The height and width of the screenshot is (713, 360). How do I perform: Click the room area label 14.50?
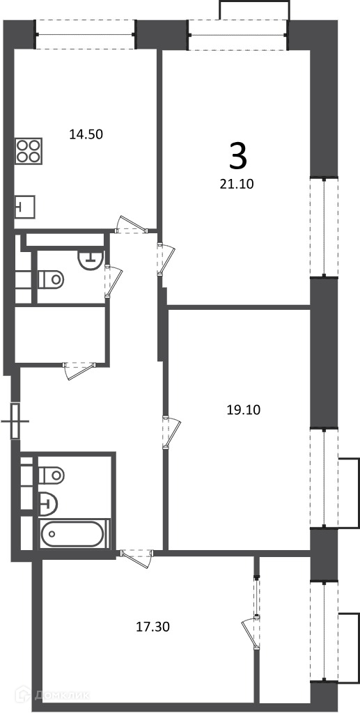[x=86, y=134]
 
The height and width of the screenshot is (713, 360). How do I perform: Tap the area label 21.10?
[x=236, y=184]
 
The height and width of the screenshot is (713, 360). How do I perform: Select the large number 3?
[x=238, y=155]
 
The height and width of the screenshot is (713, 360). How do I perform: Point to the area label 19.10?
[x=244, y=410]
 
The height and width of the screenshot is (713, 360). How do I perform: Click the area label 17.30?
[x=153, y=627]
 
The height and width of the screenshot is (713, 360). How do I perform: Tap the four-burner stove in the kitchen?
[x=29, y=151]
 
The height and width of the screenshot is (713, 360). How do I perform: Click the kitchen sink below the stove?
[x=26, y=206]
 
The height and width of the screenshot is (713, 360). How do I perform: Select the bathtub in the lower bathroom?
[x=75, y=534]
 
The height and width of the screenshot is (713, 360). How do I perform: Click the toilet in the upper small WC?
[x=50, y=279]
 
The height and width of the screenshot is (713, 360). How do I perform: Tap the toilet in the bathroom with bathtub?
[x=51, y=475]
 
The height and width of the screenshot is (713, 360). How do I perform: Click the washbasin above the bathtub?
[x=48, y=503]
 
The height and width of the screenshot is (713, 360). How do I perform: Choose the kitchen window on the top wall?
[x=86, y=34]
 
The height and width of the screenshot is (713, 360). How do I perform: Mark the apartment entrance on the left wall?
[x=16, y=421]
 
